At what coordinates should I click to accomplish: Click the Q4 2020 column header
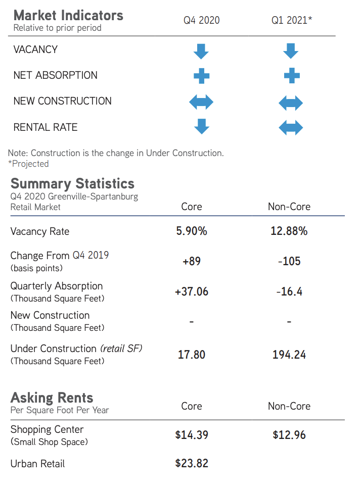click(x=201, y=21)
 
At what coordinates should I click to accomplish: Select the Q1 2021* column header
click(x=292, y=21)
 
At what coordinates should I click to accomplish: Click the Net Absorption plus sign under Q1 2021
click(x=292, y=76)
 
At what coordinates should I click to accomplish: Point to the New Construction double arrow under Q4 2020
click(x=201, y=103)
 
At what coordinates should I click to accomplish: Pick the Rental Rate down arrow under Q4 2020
click(x=201, y=126)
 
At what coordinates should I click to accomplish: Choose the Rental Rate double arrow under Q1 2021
click(x=291, y=127)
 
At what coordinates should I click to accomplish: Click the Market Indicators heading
click(x=68, y=15)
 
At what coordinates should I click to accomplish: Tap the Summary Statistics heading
click(x=72, y=183)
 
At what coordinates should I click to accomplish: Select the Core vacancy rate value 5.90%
click(x=192, y=231)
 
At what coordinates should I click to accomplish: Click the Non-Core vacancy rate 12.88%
click(x=289, y=231)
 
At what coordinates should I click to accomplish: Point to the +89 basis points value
click(x=192, y=261)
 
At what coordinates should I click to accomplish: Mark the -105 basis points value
click(x=289, y=261)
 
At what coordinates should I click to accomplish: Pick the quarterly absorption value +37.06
click(x=192, y=291)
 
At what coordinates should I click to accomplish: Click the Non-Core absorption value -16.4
click(x=289, y=291)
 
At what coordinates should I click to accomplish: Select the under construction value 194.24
click(x=289, y=355)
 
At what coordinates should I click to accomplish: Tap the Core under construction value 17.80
click(x=192, y=355)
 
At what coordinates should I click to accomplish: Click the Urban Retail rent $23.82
click(x=192, y=463)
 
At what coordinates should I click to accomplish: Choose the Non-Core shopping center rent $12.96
click(x=289, y=434)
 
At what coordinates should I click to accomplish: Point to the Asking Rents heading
click(x=52, y=398)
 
